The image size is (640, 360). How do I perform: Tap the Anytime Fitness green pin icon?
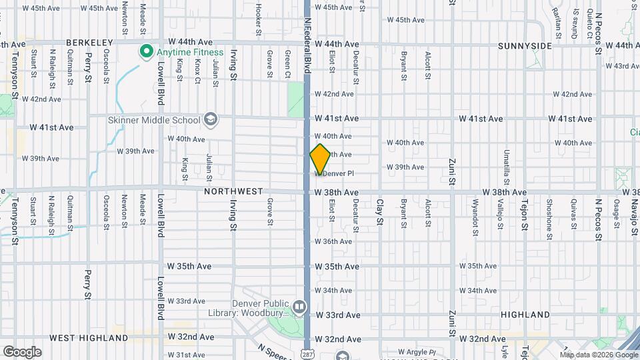pyautogui.click(x=145, y=51)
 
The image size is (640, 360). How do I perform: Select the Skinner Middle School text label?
pyautogui.click(x=154, y=120)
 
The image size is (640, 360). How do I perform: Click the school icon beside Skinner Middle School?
pyautogui.click(x=211, y=120)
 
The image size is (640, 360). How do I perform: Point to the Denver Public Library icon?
pyautogui.click(x=299, y=307)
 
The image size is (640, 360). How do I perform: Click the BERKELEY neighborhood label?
pyautogui.click(x=89, y=43)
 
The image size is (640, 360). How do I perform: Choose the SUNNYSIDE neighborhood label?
pyautogui.click(x=525, y=46)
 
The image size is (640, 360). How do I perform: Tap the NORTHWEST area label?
pyautogui.click(x=233, y=191)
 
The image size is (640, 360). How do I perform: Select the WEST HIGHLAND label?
pyautogui.click(x=88, y=338)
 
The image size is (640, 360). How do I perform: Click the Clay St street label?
pyautogui.click(x=380, y=213)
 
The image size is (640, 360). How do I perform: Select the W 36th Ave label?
pyautogui.click(x=333, y=241)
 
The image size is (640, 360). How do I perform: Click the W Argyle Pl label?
pyautogui.click(x=416, y=352)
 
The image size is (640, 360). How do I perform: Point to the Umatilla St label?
pyautogui.click(x=507, y=166)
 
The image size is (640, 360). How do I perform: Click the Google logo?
pyautogui.click(x=22, y=352)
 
